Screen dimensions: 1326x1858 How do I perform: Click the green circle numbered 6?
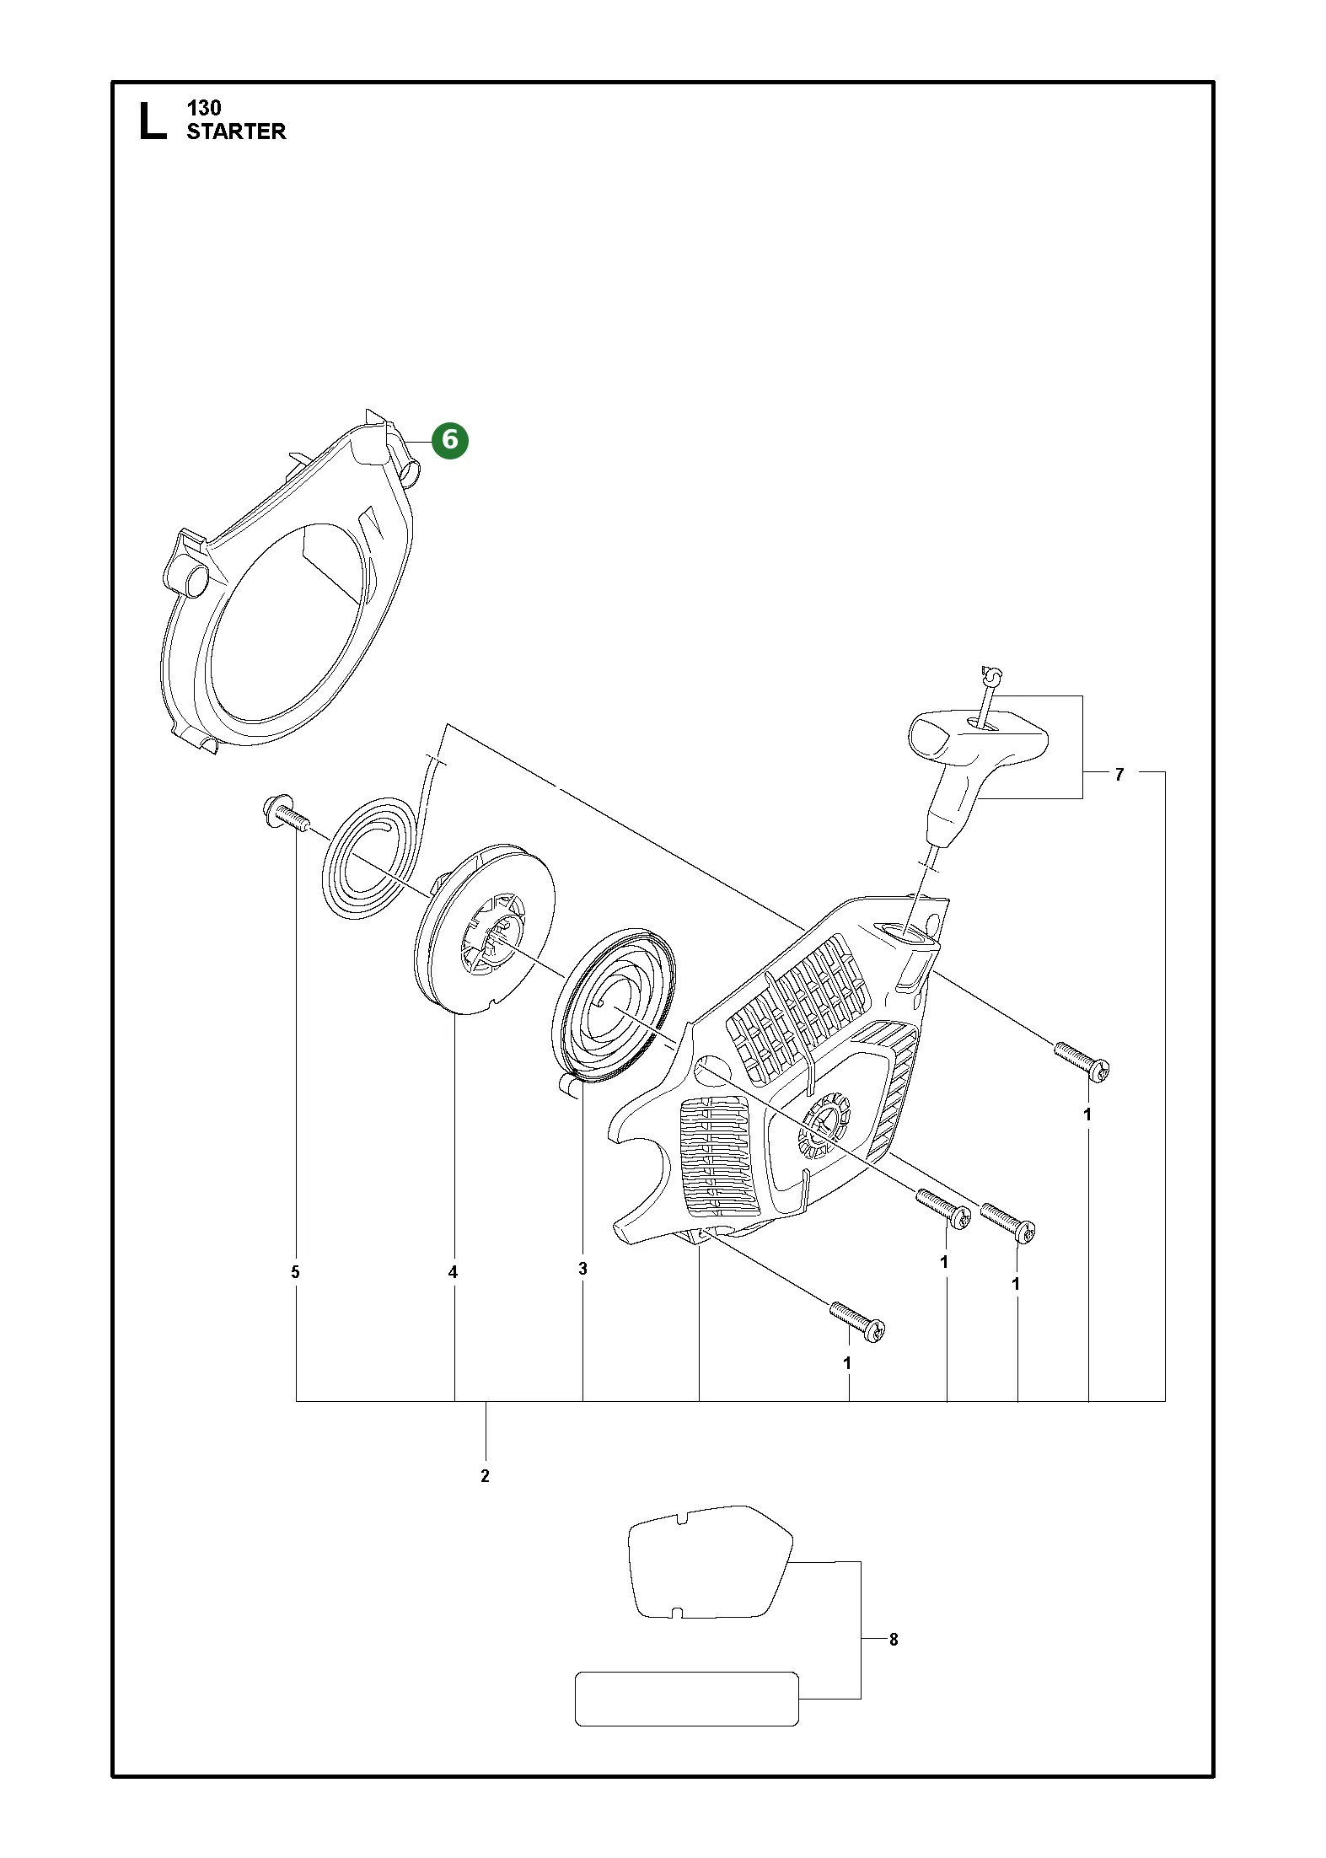click(x=449, y=440)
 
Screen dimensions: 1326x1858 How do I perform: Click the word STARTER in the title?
click(x=236, y=132)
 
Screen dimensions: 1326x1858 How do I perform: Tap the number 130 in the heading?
click(x=204, y=108)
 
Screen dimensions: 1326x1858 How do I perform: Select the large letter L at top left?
click(x=151, y=120)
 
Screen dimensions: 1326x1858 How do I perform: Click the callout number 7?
click(x=1119, y=774)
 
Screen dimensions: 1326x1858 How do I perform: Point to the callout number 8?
click(x=894, y=1640)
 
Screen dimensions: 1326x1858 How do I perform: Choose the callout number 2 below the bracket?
click(x=485, y=1476)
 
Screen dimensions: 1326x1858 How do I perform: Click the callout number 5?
click(x=295, y=1272)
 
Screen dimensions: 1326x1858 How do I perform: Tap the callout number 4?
click(x=453, y=1272)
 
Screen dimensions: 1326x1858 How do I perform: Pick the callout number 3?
click(x=582, y=1269)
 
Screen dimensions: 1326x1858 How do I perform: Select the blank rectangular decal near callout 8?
click(x=686, y=1699)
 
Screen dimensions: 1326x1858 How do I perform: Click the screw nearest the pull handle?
click(x=1082, y=1061)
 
